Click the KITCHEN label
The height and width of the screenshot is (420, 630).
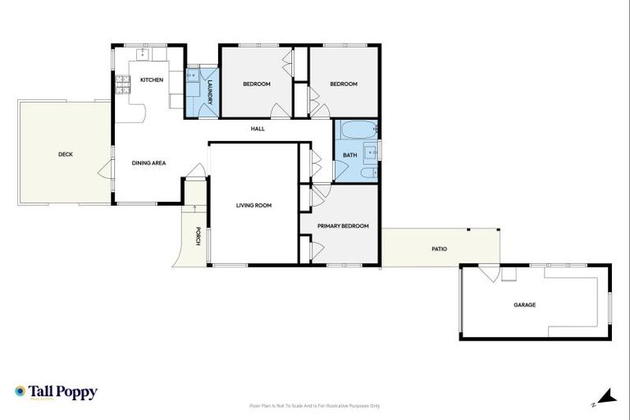click(x=152, y=80)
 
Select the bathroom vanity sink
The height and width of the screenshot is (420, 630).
click(x=370, y=151)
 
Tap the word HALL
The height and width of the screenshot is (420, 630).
click(x=258, y=129)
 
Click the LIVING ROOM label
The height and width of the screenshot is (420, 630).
click(x=253, y=205)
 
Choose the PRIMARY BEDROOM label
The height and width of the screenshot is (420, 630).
click(x=343, y=226)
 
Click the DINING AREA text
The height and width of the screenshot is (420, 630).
click(x=149, y=162)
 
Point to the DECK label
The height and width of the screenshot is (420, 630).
click(x=65, y=153)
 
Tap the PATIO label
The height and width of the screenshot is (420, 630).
click(x=440, y=248)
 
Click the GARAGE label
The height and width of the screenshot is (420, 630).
click(x=524, y=304)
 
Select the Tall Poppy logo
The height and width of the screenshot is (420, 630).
click(x=56, y=392)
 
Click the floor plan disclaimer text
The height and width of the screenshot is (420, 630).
click(x=314, y=405)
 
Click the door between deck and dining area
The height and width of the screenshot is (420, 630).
click(x=105, y=171)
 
